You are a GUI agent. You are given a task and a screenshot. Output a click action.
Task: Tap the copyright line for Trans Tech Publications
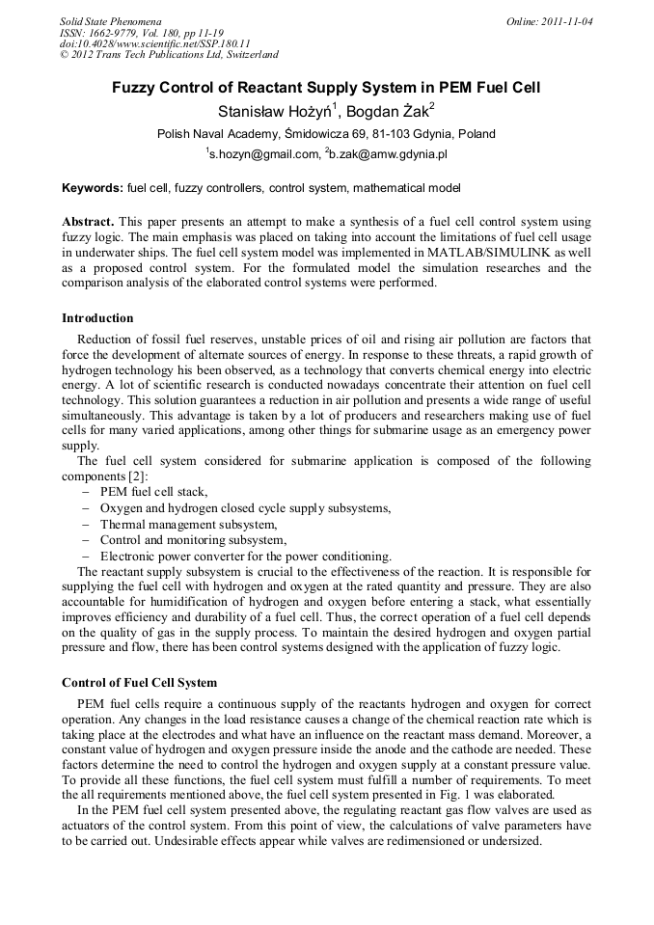point(169,55)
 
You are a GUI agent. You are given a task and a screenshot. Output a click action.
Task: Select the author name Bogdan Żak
point(392,111)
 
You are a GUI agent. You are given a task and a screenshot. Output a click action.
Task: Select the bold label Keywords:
point(93,187)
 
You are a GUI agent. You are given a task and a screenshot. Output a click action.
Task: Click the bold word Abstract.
point(88,221)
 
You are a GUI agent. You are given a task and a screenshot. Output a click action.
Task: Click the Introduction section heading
point(97,317)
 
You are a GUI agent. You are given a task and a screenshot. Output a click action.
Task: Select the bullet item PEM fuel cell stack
point(153,492)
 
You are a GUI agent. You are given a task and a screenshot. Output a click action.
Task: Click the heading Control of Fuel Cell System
point(139,683)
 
